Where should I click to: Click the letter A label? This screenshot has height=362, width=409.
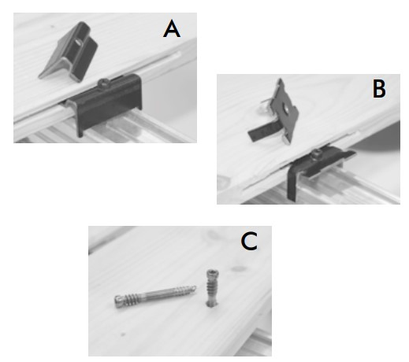(x=172, y=29)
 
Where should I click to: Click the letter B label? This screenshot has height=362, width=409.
(x=379, y=89)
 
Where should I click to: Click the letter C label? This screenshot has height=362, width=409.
(x=249, y=241)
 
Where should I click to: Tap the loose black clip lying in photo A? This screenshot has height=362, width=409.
(x=69, y=52)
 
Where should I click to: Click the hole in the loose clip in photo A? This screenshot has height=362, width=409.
(x=78, y=42)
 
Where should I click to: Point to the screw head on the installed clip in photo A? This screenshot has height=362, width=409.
(x=103, y=83)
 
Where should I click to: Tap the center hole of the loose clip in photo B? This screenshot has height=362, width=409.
(x=285, y=108)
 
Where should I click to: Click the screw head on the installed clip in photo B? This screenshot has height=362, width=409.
(x=317, y=153)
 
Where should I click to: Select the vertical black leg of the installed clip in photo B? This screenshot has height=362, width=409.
(x=292, y=183)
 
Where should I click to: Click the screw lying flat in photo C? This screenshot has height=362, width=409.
(x=155, y=297)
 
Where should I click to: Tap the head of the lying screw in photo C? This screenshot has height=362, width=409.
(x=119, y=301)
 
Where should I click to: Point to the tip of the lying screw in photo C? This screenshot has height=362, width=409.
(x=194, y=288)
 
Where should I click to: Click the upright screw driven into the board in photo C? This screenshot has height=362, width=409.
(x=211, y=288)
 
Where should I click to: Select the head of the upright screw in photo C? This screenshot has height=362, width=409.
(x=211, y=274)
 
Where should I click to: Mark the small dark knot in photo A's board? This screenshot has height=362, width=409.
(x=52, y=27)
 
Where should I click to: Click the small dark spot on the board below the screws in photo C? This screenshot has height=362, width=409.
(x=122, y=334)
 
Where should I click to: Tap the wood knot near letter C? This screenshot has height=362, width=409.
(x=238, y=268)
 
